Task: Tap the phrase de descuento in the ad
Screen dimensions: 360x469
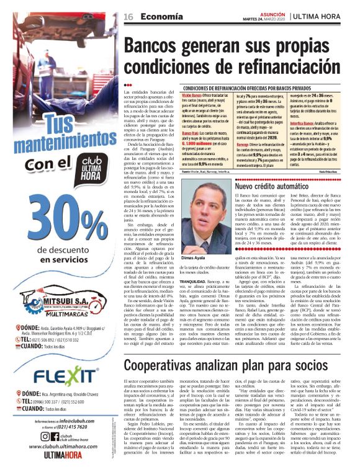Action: (60, 250)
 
